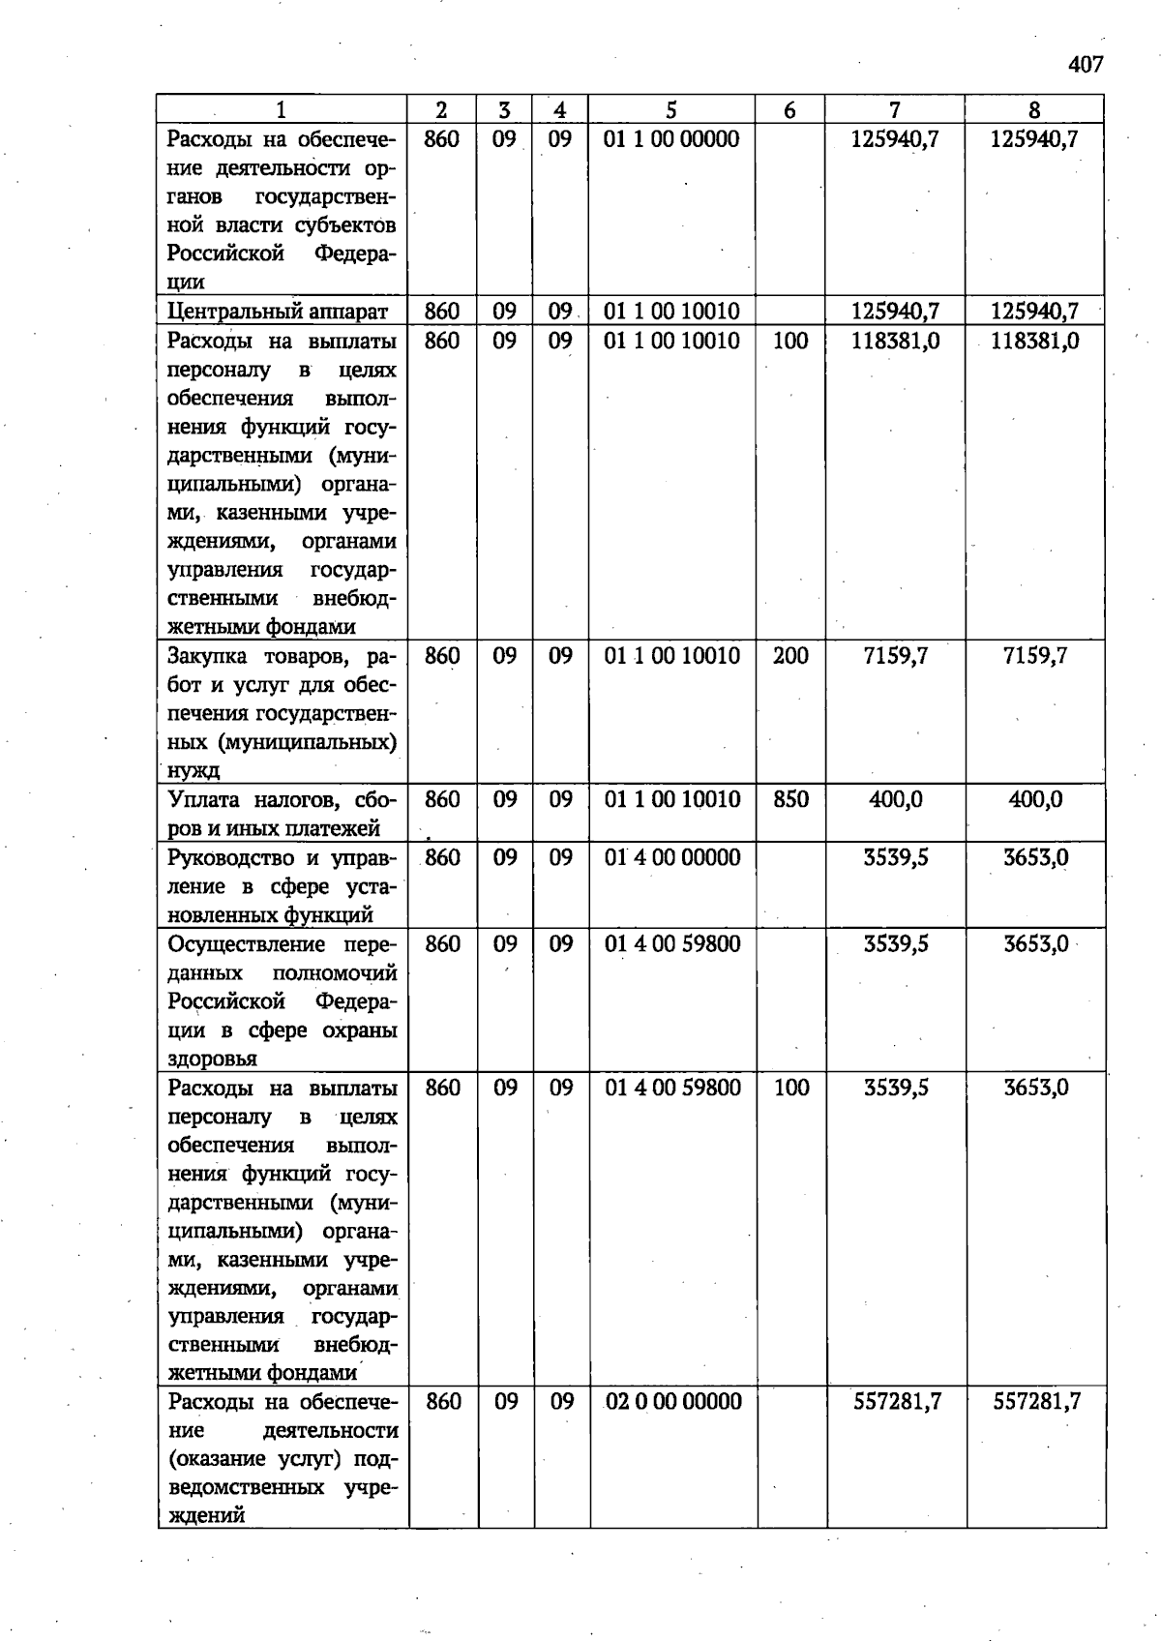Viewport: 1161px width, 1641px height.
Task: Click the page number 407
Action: point(1085,65)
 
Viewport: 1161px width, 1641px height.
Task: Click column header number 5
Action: point(671,110)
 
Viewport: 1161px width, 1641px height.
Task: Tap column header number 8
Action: point(1034,110)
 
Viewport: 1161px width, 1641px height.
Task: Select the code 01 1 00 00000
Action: point(671,139)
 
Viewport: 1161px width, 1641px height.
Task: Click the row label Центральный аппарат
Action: point(278,312)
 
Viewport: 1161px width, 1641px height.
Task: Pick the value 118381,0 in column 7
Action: point(895,341)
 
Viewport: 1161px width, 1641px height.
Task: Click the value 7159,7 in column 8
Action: point(1034,656)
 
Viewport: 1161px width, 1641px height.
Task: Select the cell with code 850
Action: point(790,799)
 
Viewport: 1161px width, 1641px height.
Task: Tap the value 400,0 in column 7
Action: point(895,799)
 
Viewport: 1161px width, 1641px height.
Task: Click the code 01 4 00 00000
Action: point(672,857)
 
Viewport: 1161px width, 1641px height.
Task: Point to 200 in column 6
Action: point(790,656)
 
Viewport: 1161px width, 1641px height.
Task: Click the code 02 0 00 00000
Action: point(673,1402)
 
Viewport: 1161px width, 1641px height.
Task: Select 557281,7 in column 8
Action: point(1036,1402)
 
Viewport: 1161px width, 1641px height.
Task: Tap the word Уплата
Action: point(204,800)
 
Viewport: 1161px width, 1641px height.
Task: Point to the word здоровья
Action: point(212,1059)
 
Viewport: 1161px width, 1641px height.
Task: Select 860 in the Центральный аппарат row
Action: point(441,312)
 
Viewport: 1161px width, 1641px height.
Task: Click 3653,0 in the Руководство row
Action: point(1035,857)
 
